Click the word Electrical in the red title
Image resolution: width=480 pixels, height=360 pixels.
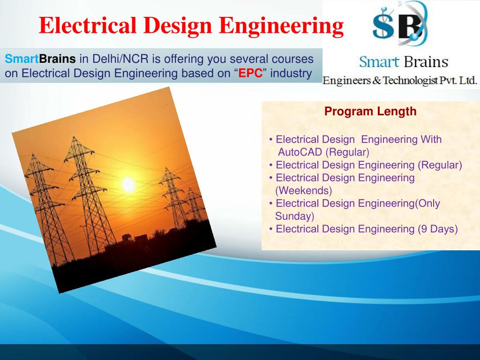coord(88,25)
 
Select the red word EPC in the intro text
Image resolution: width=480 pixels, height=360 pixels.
coord(250,74)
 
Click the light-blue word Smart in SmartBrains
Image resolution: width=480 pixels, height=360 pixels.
coord(22,59)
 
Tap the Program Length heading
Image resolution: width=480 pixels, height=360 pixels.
coord(370,111)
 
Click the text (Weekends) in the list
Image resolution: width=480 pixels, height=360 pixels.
coord(304,190)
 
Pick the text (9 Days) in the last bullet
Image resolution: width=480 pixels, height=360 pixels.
coord(438,229)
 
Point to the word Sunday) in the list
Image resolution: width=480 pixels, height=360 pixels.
coord(295,216)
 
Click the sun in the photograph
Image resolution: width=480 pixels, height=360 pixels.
coord(128,185)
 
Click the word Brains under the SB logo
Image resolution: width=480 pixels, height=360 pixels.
coord(426,62)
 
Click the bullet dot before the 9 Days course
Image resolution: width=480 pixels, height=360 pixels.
coord(270,229)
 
